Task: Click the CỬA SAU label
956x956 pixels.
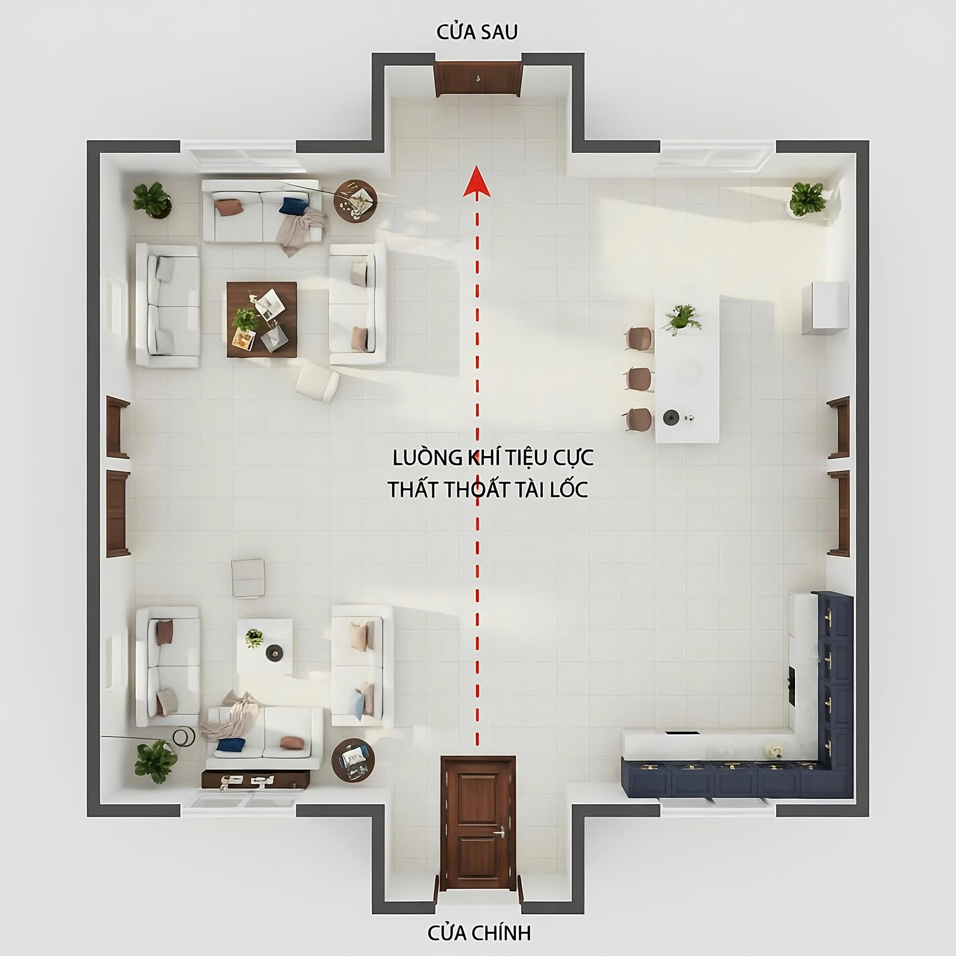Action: pyautogui.click(x=477, y=32)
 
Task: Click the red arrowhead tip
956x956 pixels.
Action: pyautogui.click(x=477, y=166)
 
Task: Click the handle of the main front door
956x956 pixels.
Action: pyautogui.click(x=501, y=832)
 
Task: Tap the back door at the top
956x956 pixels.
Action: pyautogui.click(x=478, y=79)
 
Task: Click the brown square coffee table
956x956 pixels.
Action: pyautogui.click(x=262, y=319)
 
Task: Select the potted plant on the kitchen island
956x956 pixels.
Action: pyautogui.click(x=682, y=319)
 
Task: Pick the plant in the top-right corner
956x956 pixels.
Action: pyautogui.click(x=807, y=199)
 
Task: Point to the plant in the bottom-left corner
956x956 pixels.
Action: pyautogui.click(x=155, y=761)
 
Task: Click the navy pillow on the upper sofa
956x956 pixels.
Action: pyautogui.click(x=294, y=205)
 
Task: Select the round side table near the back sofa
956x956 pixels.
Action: pyautogui.click(x=356, y=201)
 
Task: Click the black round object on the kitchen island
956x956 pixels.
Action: pyautogui.click(x=670, y=417)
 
